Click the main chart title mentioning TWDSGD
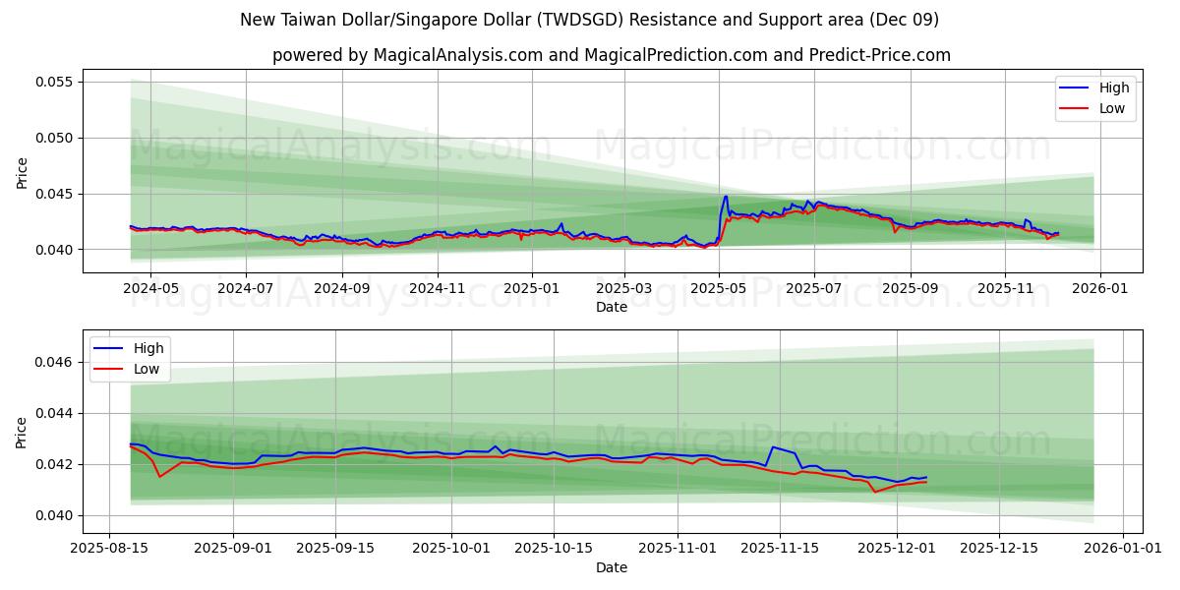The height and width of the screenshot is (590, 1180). [590, 20]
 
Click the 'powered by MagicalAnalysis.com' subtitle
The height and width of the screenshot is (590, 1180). [612, 55]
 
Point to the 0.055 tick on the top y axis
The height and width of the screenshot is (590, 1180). [55, 82]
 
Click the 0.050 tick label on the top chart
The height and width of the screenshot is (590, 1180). [55, 138]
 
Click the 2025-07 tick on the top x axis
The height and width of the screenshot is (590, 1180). [813, 290]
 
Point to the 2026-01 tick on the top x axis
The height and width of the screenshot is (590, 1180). [1099, 290]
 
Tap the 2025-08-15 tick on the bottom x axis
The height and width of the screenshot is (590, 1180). [109, 549]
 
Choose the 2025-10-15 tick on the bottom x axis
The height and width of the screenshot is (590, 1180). [554, 549]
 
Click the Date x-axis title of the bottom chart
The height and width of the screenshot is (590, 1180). [611, 567]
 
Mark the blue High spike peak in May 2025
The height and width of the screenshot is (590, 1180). [726, 196]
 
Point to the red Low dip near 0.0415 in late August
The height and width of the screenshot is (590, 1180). [160, 477]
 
